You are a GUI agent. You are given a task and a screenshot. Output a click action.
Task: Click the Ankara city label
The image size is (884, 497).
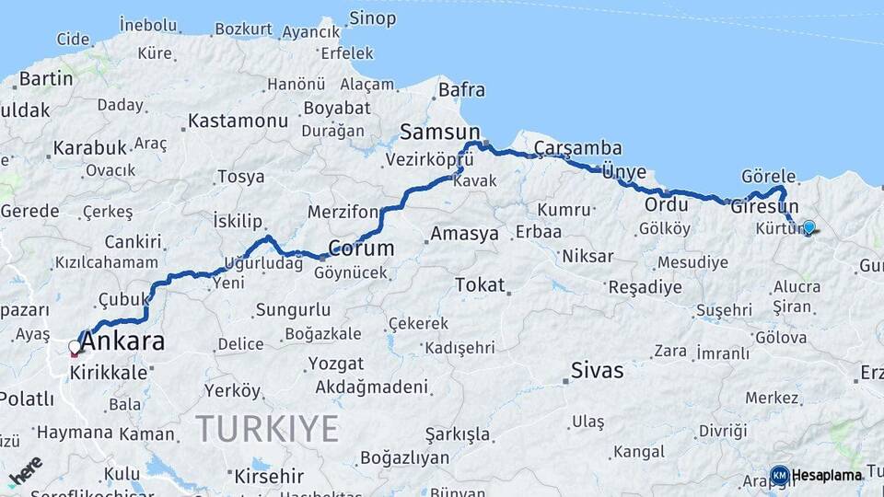[x=122, y=341]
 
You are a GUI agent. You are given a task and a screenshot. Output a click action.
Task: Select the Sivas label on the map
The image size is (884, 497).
[x=597, y=371]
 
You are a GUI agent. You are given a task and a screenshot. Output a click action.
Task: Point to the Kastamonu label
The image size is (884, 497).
[x=238, y=121]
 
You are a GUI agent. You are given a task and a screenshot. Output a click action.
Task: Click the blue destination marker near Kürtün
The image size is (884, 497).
[x=808, y=226]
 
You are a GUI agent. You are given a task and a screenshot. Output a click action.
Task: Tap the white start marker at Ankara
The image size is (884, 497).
[x=75, y=348]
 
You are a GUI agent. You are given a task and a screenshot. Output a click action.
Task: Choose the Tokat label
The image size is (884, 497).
[x=480, y=285]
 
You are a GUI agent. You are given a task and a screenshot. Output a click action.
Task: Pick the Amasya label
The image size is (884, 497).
[x=464, y=234]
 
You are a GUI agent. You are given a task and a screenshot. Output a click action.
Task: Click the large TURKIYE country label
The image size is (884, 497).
[x=267, y=428]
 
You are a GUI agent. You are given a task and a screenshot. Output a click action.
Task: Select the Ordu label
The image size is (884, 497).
[x=667, y=204]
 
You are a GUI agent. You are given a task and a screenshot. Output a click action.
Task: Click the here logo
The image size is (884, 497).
[x=25, y=469]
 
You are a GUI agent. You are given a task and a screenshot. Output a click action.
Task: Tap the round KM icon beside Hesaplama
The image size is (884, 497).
[x=779, y=475]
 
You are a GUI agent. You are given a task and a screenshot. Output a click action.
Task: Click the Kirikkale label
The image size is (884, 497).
[x=109, y=373]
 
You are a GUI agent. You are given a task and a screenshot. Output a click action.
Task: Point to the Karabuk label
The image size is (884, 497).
[x=89, y=147]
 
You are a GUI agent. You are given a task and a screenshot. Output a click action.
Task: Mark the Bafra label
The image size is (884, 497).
[x=461, y=90]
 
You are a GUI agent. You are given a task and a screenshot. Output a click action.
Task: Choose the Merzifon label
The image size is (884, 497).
[x=343, y=212]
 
